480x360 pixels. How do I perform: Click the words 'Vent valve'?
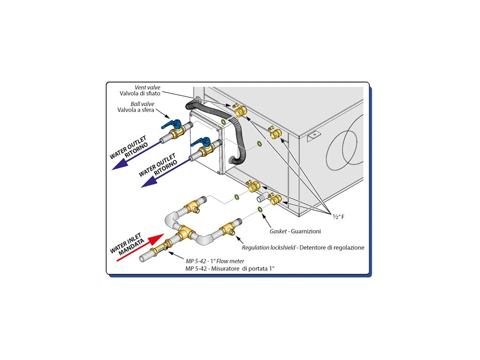(x=147, y=87)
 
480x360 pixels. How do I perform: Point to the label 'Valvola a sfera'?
(x=136, y=110)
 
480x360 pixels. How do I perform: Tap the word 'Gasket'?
(x=278, y=232)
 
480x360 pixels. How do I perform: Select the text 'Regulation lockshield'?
(x=268, y=247)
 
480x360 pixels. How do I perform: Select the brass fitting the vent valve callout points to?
(x=240, y=111)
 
